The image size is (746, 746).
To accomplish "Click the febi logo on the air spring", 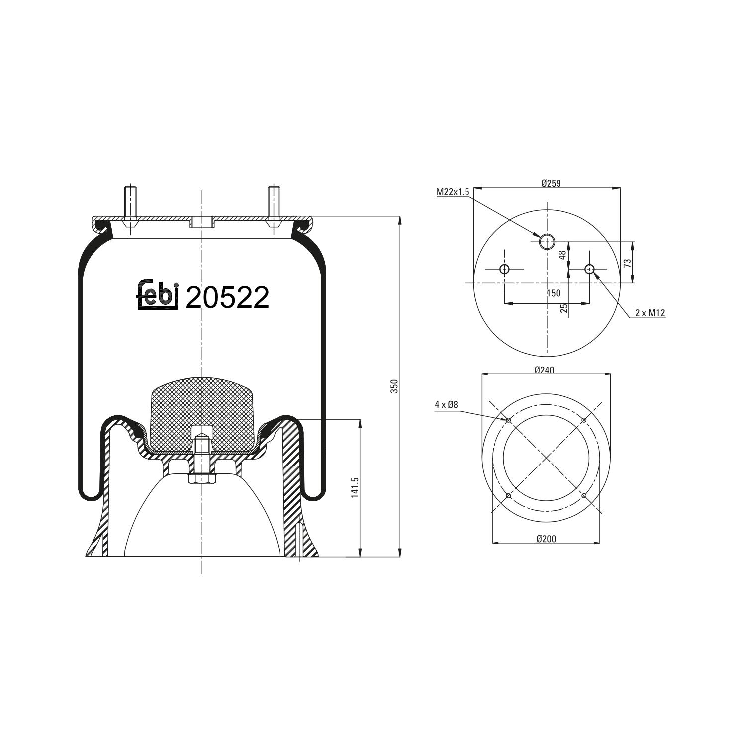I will [157, 297].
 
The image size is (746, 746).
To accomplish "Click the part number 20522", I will [227, 298].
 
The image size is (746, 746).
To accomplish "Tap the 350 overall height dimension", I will [394, 386].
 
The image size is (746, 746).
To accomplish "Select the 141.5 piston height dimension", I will [355, 487].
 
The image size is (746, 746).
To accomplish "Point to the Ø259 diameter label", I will [551, 183].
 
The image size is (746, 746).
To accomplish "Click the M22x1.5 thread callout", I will [453, 192].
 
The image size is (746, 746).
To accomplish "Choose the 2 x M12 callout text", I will [650, 313].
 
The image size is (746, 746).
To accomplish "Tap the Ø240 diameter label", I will [544, 370].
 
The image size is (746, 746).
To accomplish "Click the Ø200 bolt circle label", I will [546, 539].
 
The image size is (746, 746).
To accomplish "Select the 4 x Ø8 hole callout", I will [446, 405].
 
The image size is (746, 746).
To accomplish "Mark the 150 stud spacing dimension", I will [554, 293].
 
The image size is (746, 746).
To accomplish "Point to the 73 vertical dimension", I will [627, 263].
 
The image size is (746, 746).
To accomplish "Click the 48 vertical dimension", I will [562, 255].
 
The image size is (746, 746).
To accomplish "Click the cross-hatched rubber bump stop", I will [201, 413].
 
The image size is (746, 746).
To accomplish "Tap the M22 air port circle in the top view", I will [547, 241].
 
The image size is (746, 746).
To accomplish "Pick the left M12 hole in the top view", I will [505, 269].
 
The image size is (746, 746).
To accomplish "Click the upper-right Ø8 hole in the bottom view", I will [584, 420].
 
